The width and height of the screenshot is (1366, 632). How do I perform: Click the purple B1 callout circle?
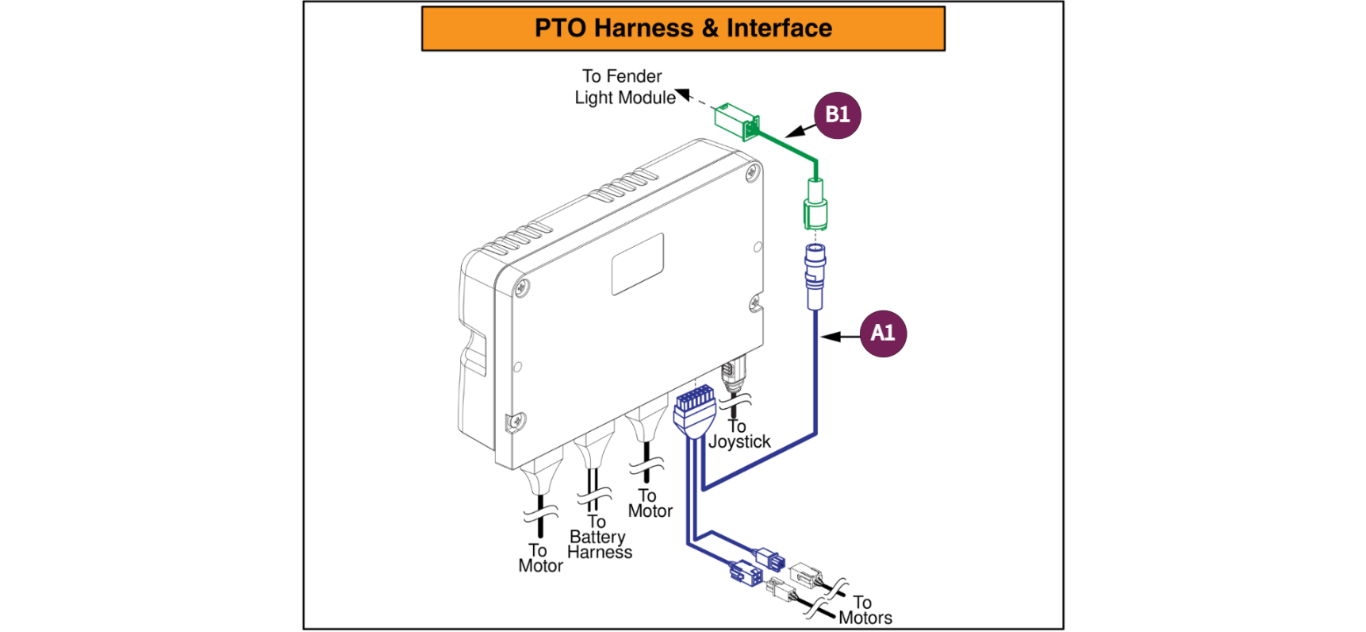tap(838, 115)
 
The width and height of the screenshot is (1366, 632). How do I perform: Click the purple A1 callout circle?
tap(883, 333)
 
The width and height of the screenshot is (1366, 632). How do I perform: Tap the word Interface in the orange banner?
tap(779, 29)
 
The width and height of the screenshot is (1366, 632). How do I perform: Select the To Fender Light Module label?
tap(624, 87)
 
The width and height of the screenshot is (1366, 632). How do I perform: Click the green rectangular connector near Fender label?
tap(736, 121)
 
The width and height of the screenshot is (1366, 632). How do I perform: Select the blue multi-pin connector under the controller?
tap(693, 410)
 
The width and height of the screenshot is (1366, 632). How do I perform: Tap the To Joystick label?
tap(739, 434)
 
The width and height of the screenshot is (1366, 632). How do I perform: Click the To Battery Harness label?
tap(599, 538)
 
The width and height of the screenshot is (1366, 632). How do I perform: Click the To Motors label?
tap(864, 611)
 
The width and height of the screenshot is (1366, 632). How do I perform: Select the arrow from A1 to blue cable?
tap(840, 337)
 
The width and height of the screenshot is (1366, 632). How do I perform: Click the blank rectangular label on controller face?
tap(637, 264)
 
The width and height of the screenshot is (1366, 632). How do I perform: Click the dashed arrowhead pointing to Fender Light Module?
tap(683, 94)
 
